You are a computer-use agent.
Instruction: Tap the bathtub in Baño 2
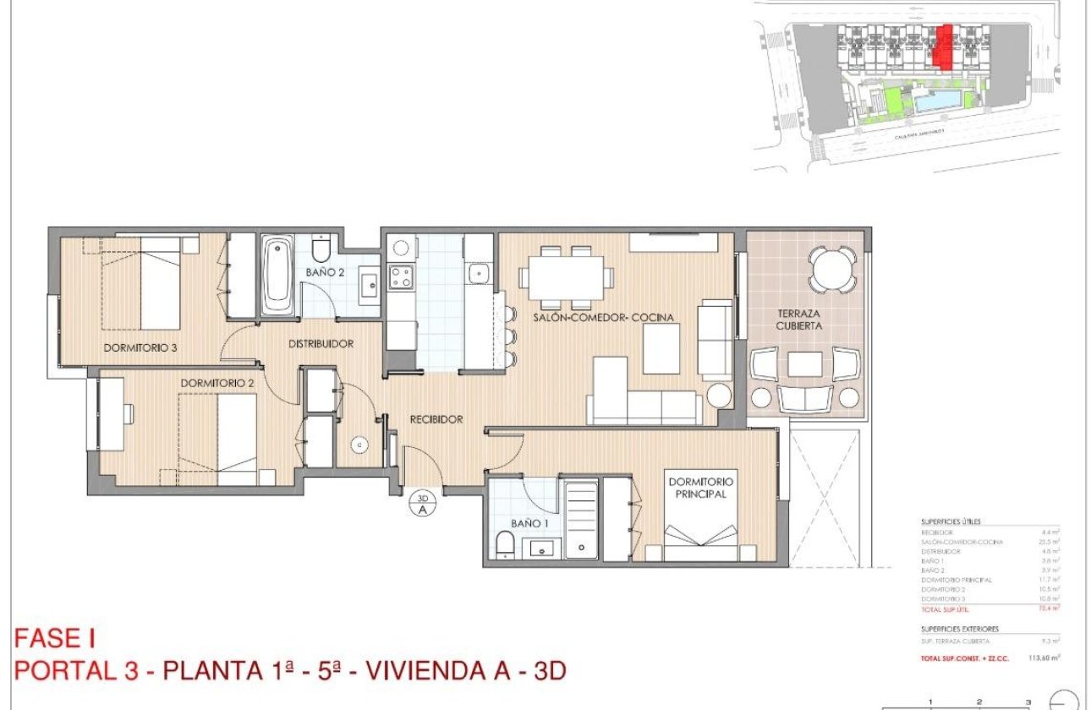(x=277, y=276)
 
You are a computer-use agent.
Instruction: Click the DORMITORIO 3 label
(x=140, y=347)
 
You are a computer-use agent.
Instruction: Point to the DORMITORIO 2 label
(x=217, y=383)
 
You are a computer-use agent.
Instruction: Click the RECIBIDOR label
(x=436, y=419)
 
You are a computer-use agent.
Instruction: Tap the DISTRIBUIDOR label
(x=321, y=343)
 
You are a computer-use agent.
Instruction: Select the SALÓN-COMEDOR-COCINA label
(x=603, y=318)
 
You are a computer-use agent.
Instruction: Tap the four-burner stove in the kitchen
(x=400, y=276)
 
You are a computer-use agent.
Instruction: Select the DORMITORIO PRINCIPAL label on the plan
(x=702, y=488)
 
